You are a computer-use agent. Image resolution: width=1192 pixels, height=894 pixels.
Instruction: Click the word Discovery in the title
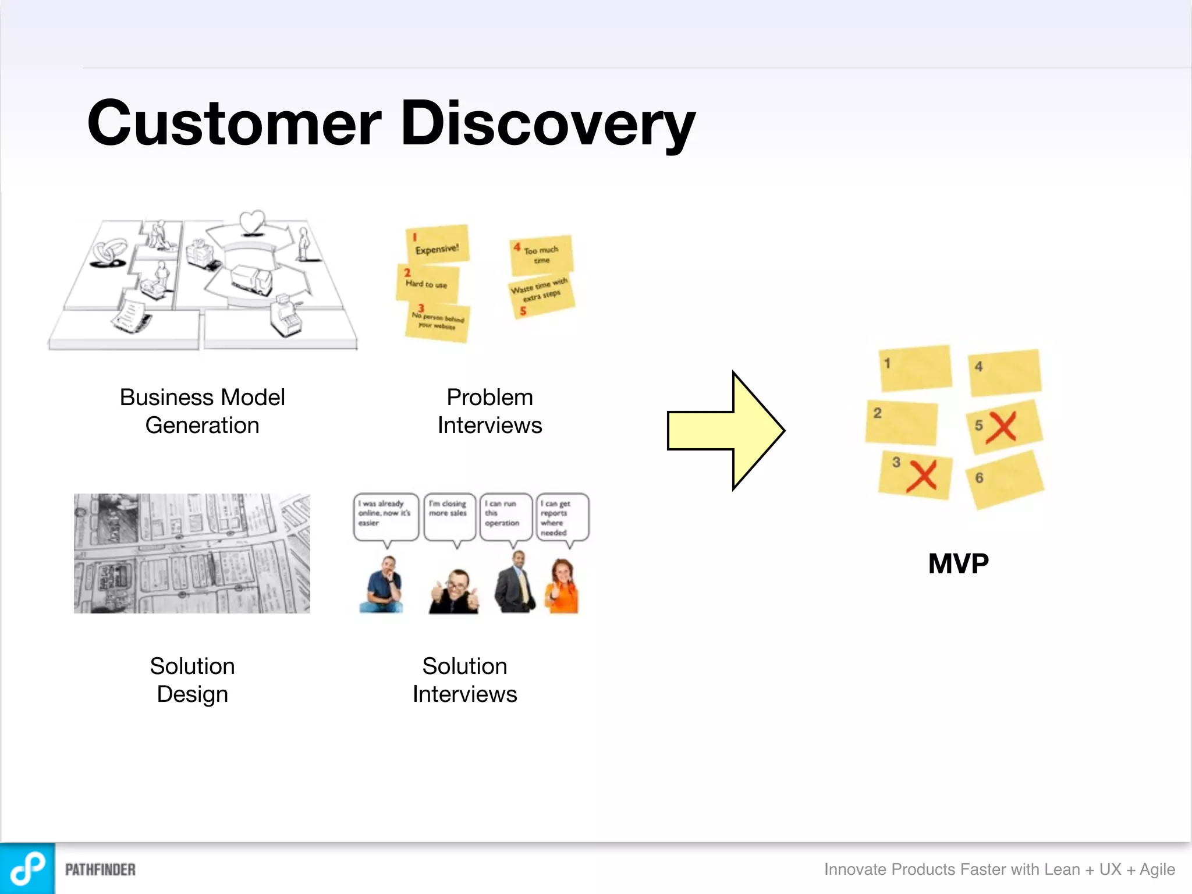pyautogui.click(x=547, y=123)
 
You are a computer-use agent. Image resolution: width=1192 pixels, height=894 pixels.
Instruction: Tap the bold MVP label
pyautogui.click(x=958, y=563)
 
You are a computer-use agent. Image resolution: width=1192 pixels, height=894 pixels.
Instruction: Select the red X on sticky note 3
pyautogui.click(x=922, y=476)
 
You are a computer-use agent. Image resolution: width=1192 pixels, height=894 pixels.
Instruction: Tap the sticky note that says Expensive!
pyautogui.click(x=438, y=244)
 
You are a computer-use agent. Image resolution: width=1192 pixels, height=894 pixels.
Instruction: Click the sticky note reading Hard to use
pyautogui.click(x=428, y=284)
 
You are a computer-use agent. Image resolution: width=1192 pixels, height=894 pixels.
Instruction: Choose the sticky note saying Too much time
pyautogui.click(x=541, y=255)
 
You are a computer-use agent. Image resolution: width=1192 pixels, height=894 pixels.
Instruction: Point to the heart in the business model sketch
pyautogui.click(x=252, y=222)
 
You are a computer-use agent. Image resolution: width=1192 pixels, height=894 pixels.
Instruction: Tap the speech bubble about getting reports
pyautogui.click(x=562, y=517)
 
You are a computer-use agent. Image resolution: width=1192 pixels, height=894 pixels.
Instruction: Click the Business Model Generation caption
pyautogui.click(x=202, y=411)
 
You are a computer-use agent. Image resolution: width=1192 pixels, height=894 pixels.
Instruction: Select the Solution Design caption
pyautogui.click(x=192, y=680)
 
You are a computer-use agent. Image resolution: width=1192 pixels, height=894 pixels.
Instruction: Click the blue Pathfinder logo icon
pyautogui.click(x=27, y=868)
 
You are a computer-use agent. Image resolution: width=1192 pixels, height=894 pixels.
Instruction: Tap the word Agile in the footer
pyautogui.click(x=1157, y=869)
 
